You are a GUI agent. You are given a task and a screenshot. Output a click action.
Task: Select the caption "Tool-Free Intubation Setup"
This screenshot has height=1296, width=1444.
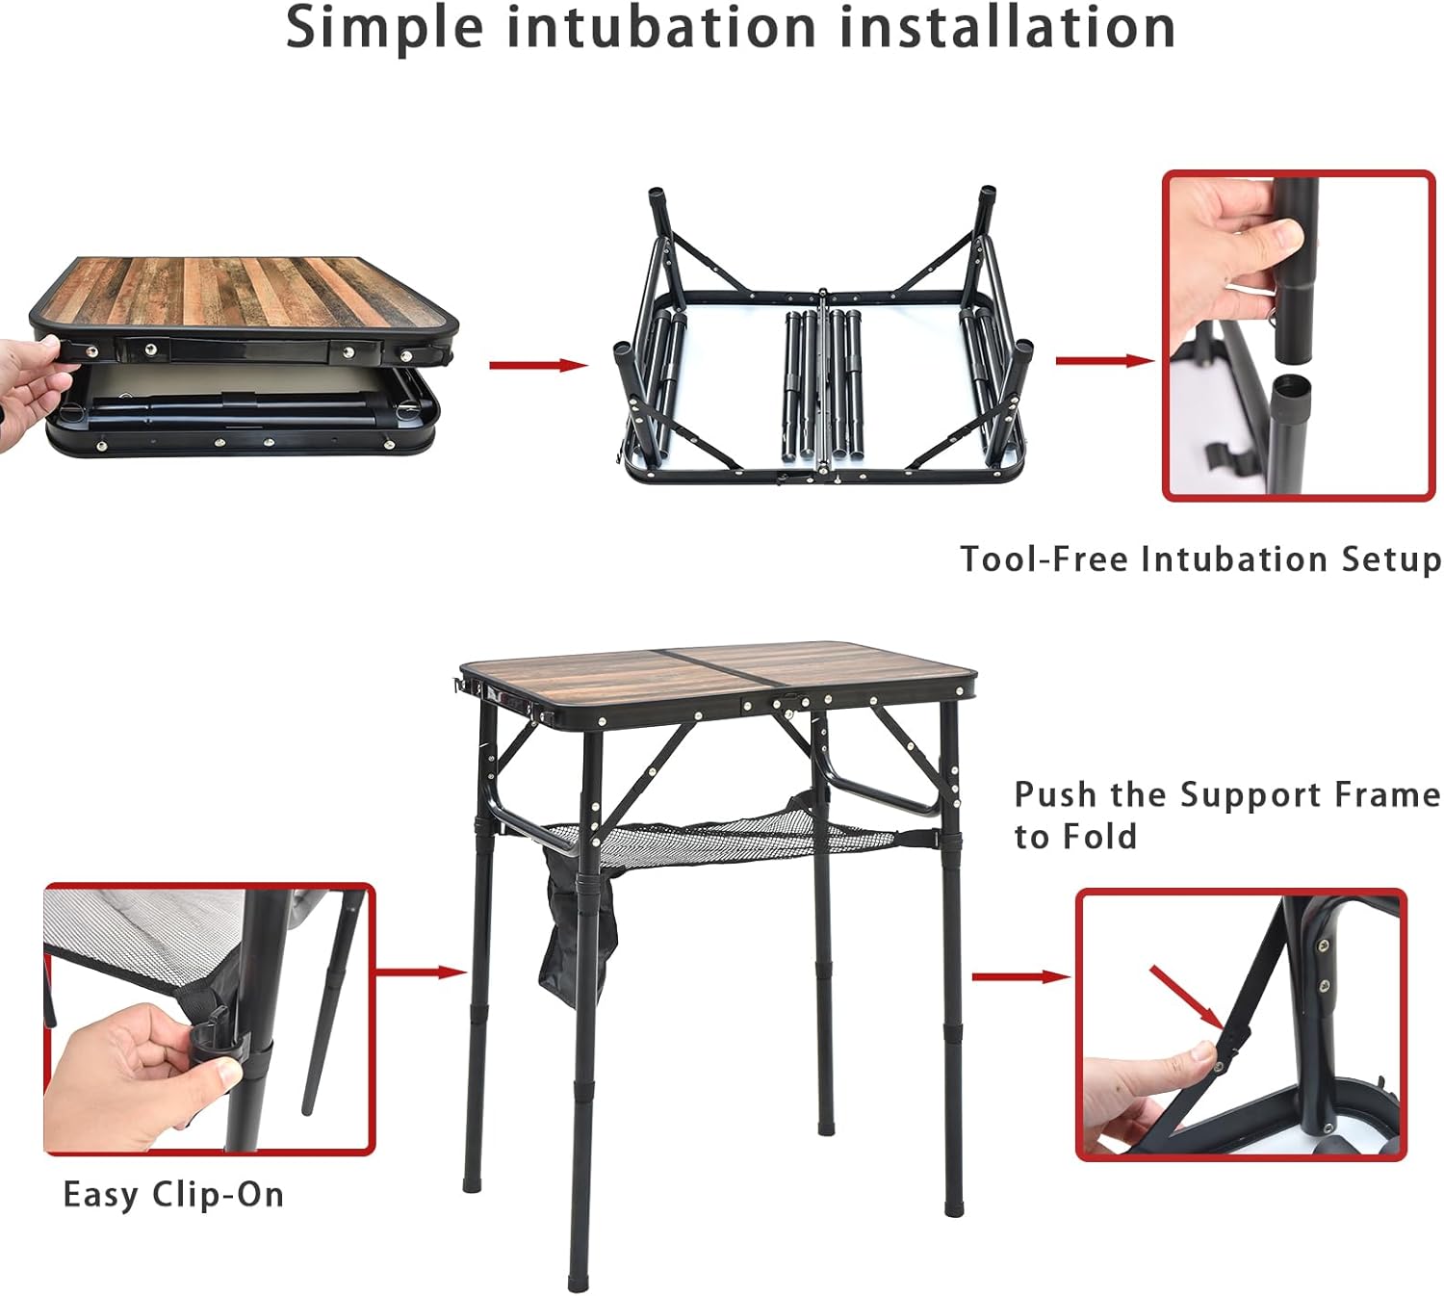1200,559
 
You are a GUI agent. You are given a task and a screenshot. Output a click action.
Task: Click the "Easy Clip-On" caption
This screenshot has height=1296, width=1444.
173,1195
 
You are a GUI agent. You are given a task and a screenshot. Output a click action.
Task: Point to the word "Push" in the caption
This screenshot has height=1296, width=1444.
1055,795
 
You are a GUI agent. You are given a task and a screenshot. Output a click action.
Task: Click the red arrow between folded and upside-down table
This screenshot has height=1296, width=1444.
538,365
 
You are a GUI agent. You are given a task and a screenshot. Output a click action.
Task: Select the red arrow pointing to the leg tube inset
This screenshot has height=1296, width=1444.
1103,361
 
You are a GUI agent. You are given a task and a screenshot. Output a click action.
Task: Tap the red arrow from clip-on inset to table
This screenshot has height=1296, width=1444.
421,972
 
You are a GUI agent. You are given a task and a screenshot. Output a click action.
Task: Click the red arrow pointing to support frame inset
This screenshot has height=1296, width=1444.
1020,977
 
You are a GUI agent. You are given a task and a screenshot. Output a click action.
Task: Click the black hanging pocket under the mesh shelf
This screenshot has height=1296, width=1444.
575,948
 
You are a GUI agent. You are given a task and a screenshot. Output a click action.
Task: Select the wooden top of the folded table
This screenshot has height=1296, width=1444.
241,292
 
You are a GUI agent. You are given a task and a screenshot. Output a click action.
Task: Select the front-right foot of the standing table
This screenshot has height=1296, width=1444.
952,1199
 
